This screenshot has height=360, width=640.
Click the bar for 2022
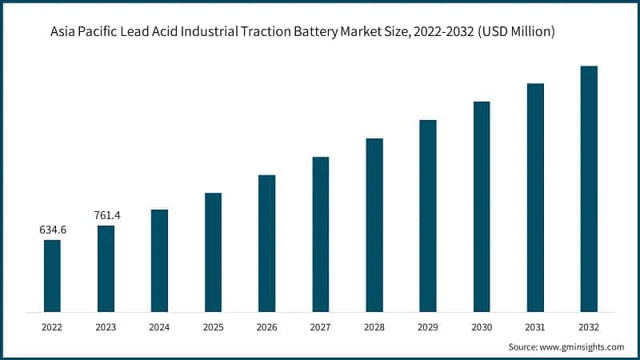[52, 275]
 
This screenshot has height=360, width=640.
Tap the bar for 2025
[213, 252]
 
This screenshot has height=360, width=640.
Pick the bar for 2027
[320, 234]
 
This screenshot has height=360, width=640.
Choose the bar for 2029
[428, 215]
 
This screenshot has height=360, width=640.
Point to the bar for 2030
[482, 206]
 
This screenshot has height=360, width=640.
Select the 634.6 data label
[53, 230]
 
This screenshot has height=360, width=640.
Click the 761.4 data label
[106, 215]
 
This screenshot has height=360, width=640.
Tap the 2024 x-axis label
[159, 326]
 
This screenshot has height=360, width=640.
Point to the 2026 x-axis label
[266, 326]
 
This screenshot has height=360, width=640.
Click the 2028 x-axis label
[374, 326]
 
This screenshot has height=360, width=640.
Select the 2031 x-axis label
[535, 326]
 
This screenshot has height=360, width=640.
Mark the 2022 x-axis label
[52, 326]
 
